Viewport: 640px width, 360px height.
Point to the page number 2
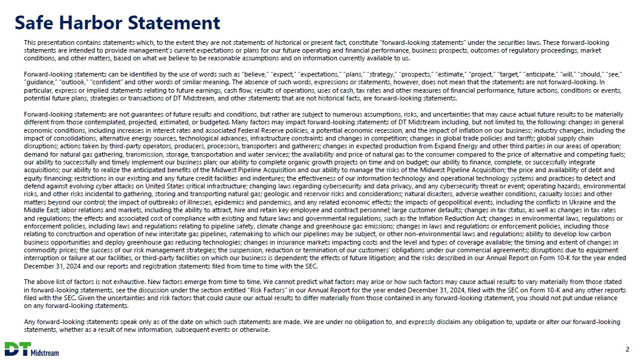pos(627,349)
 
